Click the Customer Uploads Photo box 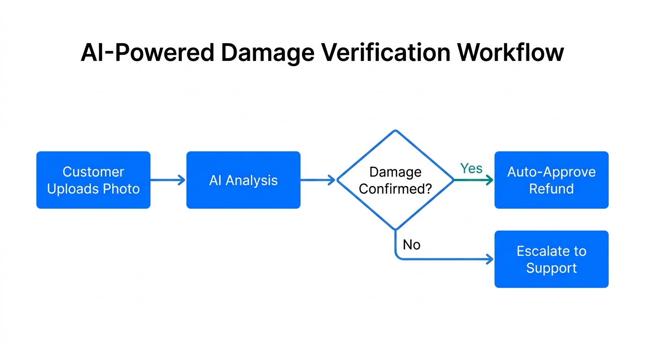tap(93, 180)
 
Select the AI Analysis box tap(243, 180)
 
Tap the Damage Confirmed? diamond tap(395, 180)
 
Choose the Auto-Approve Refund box tap(551, 180)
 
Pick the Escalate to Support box tap(551, 259)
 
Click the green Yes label tap(471, 169)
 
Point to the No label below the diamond tap(412, 245)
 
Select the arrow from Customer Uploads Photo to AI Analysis tap(168, 180)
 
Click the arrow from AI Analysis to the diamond tap(318, 180)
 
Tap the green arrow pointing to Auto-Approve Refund tap(473, 180)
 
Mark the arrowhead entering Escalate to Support tap(490, 259)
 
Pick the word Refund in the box tap(551, 189)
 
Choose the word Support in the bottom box tap(551, 268)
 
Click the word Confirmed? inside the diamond tap(395, 189)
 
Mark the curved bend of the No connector tap(398, 256)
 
